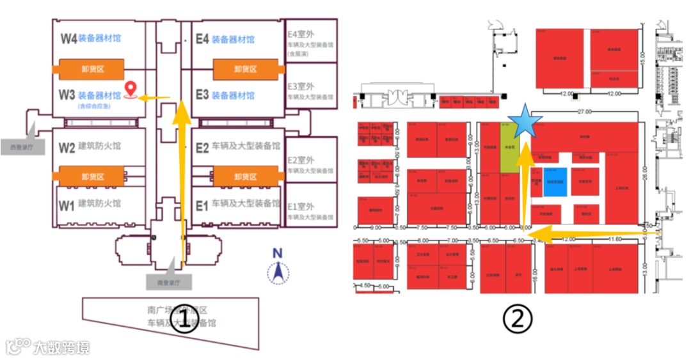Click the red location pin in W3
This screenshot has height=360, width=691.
132,90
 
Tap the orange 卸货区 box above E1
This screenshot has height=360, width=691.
245,176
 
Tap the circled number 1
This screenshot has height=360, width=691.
184,319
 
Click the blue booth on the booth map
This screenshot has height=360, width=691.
555,182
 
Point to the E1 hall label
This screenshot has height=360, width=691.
202,205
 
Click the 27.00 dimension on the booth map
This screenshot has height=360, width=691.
584,112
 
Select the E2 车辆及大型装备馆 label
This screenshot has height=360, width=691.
237,147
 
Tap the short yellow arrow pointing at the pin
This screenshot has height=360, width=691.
154,98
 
